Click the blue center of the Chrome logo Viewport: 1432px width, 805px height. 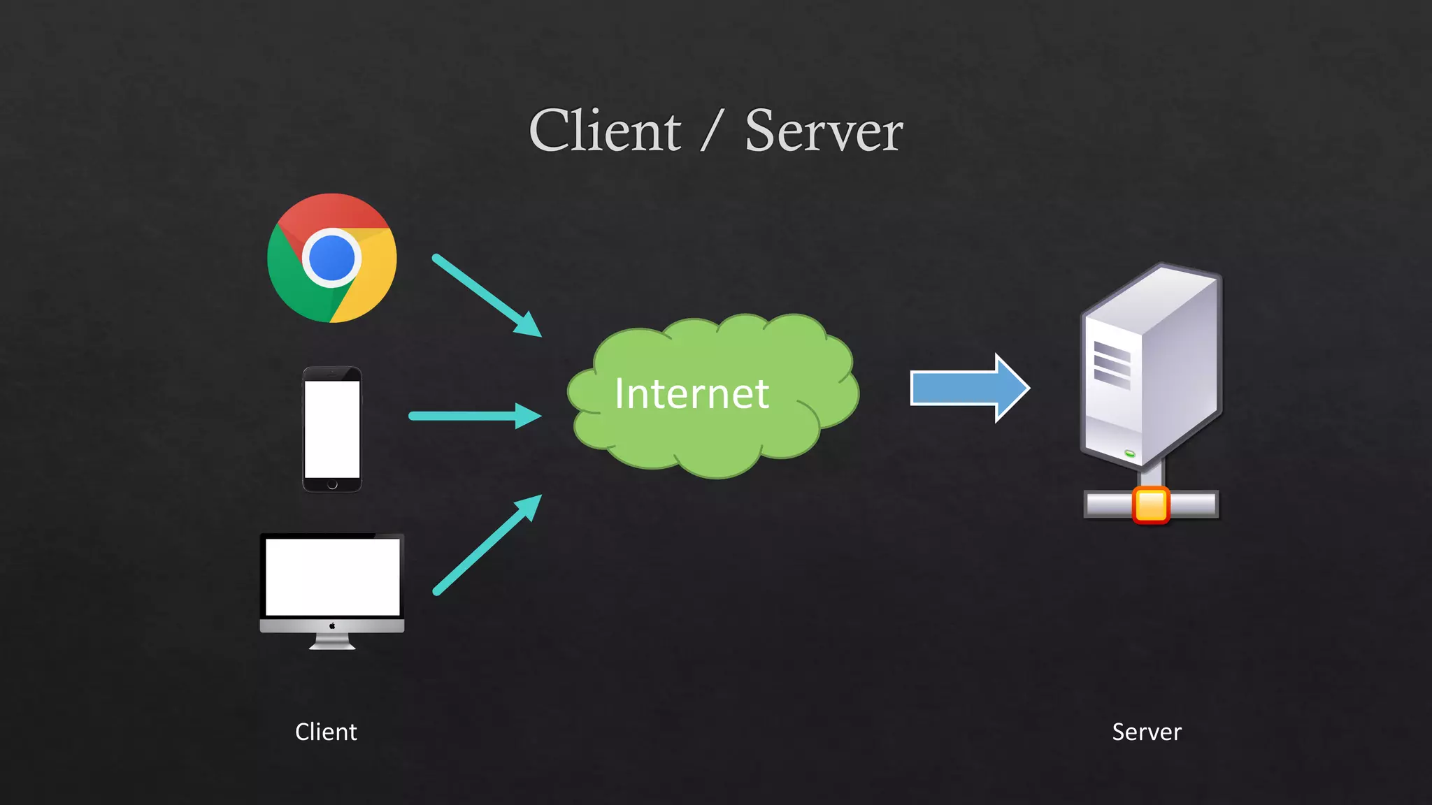pyautogui.click(x=331, y=258)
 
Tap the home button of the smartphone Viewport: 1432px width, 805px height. pyautogui.click(x=332, y=484)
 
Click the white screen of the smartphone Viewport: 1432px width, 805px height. pyautogui.click(x=332, y=428)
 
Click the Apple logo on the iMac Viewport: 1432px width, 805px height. pyautogui.click(x=332, y=625)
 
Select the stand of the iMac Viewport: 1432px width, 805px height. pyautogui.click(x=332, y=641)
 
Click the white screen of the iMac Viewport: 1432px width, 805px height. pyautogui.click(x=332, y=576)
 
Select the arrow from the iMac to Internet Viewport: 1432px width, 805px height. pyautogui.click(x=486, y=545)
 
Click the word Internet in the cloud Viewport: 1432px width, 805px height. pyautogui.click(x=692, y=394)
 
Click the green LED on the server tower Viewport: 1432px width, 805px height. pyautogui.click(x=1130, y=454)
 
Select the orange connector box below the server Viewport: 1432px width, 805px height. pyautogui.click(x=1150, y=505)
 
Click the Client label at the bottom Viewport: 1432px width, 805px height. pyautogui.click(x=326, y=732)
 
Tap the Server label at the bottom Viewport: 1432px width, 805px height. pyautogui.click(x=1147, y=732)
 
